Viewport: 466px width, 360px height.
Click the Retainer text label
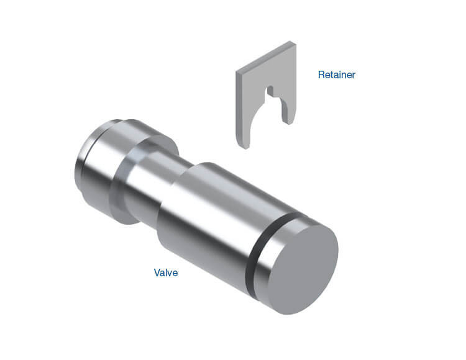(x=336, y=75)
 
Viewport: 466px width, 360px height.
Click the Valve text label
(x=166, y=272)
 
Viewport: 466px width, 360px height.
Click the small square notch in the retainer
(x=270, y=92)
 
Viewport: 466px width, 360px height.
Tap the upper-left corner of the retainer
(x=237, y=71)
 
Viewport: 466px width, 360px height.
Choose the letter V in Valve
(x=157, y=272)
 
